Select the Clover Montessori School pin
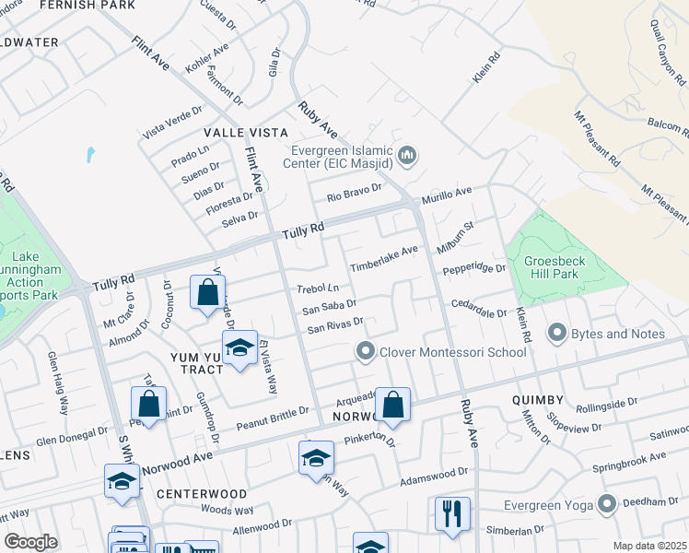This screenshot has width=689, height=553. [x=366, y=351]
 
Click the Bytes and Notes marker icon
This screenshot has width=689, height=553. [x=556, y=333]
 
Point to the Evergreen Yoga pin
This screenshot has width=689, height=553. [x=606, y=504]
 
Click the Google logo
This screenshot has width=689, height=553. [x=29, y=541]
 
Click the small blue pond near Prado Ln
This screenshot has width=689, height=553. [x=89, y=154]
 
